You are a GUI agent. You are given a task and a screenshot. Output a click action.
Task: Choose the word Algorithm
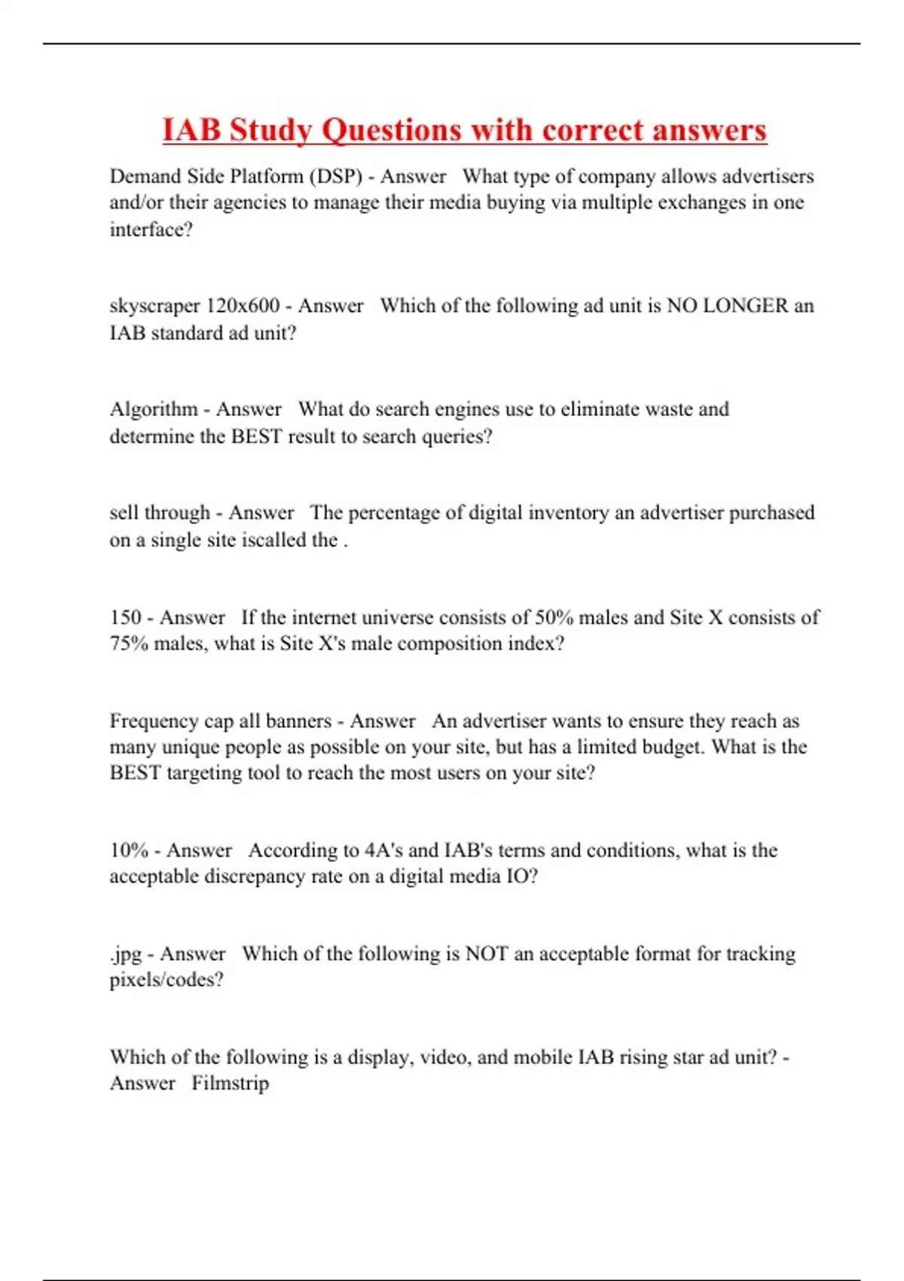click(154, 409)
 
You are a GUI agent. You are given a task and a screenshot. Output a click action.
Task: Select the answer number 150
click(125, 617)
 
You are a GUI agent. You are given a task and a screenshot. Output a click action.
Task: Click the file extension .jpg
click(125, 954)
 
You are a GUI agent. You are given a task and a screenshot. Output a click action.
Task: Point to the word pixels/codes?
click(166, 980)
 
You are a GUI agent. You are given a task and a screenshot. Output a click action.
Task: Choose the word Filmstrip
click(230, 1083)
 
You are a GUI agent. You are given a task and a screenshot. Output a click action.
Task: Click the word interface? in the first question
click(151, 229)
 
